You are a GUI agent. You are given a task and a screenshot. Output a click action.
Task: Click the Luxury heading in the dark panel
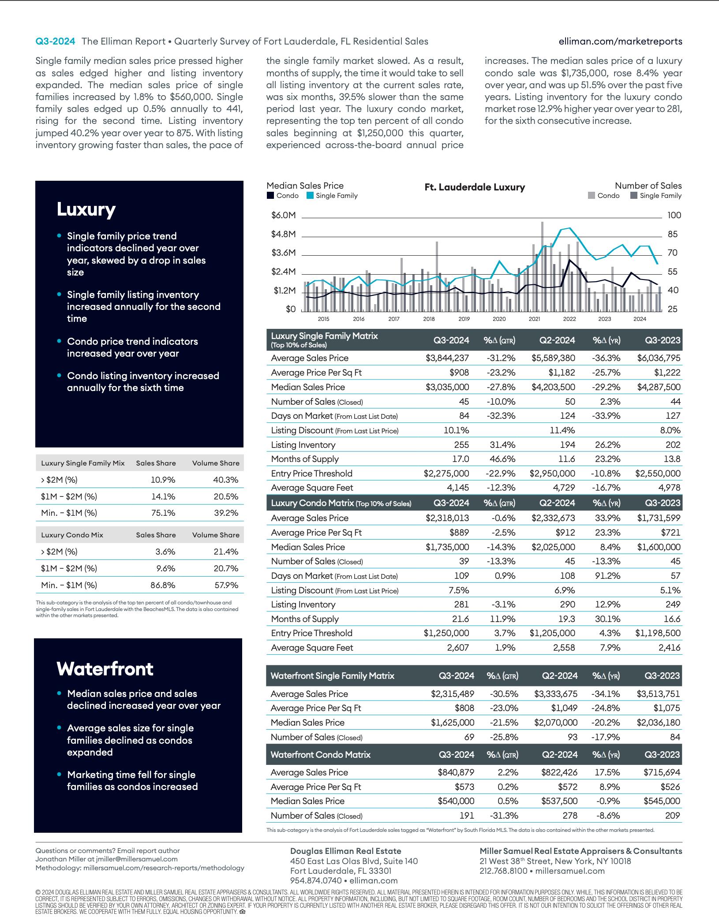pyautogui.click(x=86, y=209)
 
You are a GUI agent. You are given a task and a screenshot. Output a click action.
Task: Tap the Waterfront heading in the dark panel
pyautogui.click(x=105, y=669)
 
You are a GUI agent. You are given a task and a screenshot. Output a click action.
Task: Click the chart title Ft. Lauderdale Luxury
pyautogui.click(x=475, y=187)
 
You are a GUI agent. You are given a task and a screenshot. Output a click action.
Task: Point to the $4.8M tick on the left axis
pyautogui.click(x=283, y=234)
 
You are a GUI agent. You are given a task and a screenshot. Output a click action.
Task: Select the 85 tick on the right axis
pyautogui.click(x=673, y=234)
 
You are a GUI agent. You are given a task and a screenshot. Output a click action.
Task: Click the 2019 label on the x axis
pyautogui.click(x=464, y=319)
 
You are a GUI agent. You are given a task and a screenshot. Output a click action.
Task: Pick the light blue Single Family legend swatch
pyautogui.click(x=310, y=196)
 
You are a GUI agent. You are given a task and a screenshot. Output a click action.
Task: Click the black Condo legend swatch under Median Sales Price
pyautogui.click(x=270, y=196)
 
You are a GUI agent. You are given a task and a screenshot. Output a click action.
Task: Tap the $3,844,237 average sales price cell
pyautogui.click(x=447, y=358)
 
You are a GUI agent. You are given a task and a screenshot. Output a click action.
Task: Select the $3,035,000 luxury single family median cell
pyautogui.click(x=447, y=387)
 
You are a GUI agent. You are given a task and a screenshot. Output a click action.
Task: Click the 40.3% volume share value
pyautogui.click(x=225, y=480)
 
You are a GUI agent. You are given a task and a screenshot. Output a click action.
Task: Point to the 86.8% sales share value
pyautogui.click(x=163, y=585)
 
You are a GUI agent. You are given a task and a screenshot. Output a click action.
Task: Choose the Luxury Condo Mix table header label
pyautogui.click(x=72, y=535)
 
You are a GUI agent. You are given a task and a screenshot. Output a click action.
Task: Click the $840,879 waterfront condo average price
pyautogui.click(x=456, y=772)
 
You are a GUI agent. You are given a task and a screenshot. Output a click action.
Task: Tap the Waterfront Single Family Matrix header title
pyautogui.click(x=332, y=676)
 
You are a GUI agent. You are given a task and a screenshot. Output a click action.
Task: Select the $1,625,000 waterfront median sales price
pyautogui.click(x=452, y=722)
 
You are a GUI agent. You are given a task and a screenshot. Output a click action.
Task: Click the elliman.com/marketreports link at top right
pyautogui.click(x=620, y=41)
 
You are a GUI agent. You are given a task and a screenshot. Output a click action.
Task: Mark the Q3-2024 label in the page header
pyautogui.click(x=55, y=41)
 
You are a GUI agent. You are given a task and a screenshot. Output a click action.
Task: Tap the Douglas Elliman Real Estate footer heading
pyautogui.click(x=345, y=851)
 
